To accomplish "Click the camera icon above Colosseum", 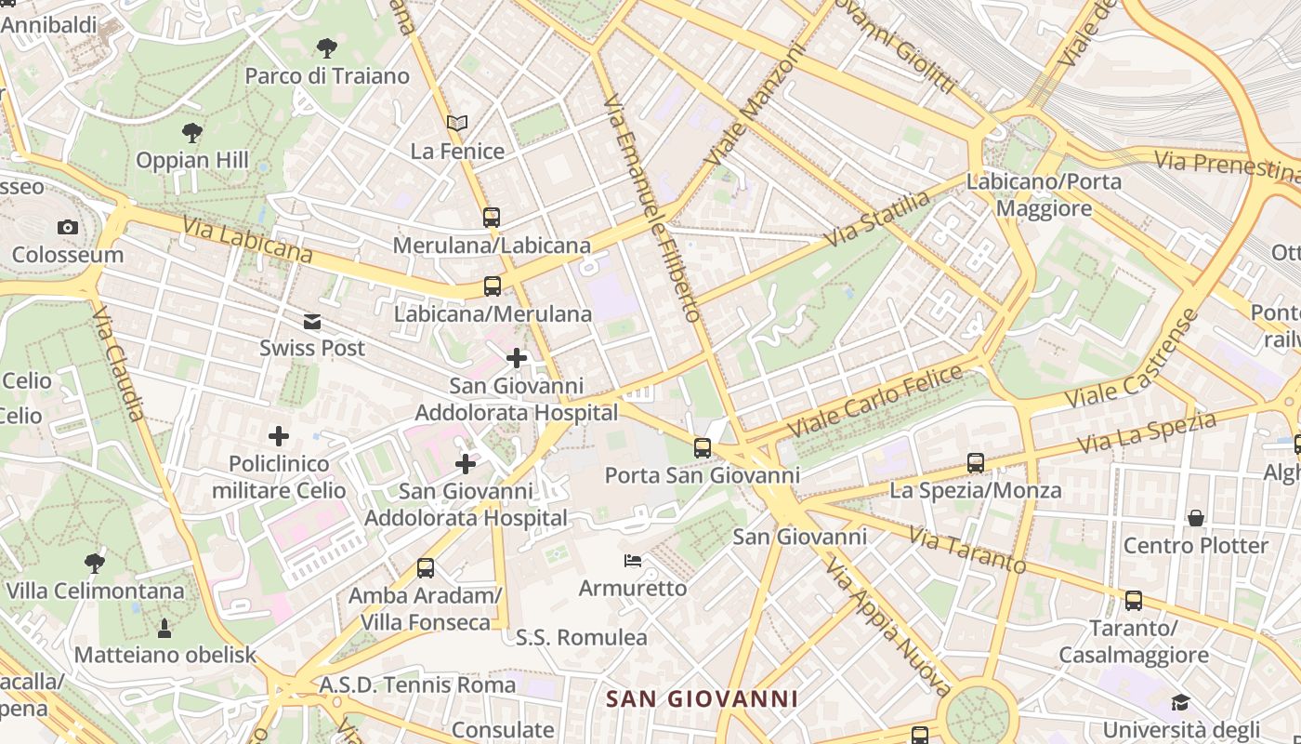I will point(67,227).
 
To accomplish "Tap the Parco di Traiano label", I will point(327,76).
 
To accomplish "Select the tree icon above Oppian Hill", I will point(192,133).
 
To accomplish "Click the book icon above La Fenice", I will point(456,123).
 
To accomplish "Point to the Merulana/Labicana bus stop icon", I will point(492,218).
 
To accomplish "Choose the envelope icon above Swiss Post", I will point(312,322).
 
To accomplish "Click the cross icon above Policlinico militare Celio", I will point(278,435).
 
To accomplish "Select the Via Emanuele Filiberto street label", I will point(651,208).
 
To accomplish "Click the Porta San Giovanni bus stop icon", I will point(702,448).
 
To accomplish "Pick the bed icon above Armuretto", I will point(633,561).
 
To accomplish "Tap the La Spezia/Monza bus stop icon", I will point(975,462).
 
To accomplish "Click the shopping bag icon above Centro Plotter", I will point(1196,518).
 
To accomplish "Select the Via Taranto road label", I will point(967,551).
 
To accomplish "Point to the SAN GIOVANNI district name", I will point(702,698).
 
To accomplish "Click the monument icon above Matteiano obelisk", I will point(164,629).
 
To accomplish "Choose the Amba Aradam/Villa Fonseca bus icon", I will point(426,567).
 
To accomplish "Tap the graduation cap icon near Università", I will point(1180,702).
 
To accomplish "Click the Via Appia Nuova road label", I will point(887,627).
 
